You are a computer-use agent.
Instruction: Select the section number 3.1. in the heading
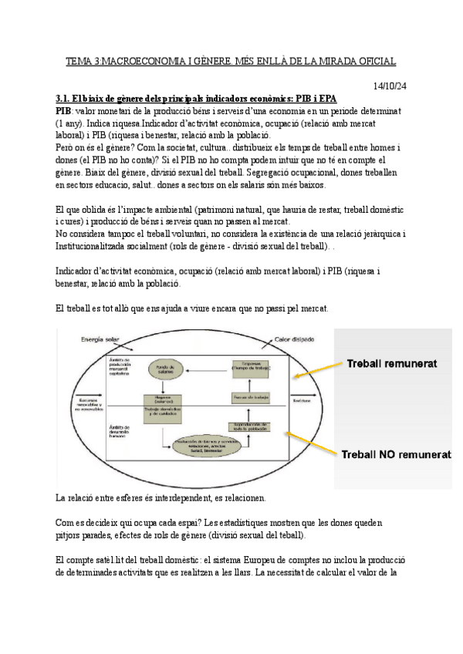pos(65,99)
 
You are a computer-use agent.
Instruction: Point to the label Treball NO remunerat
pos(396,455)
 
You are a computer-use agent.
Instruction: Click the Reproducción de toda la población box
pos(248,426)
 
